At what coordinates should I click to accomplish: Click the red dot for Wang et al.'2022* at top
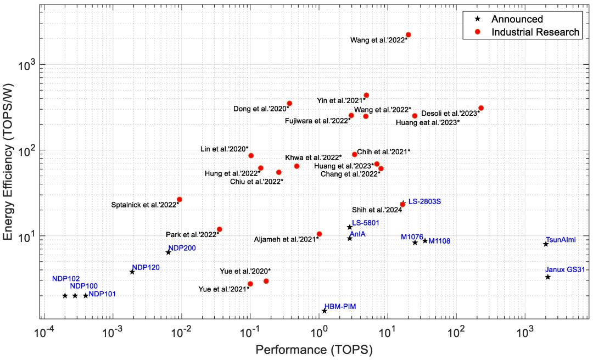pyautogui.click(x=408, y=35)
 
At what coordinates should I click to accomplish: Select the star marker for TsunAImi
pyautogui.click(x=546, y=244)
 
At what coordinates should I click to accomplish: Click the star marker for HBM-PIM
pyautogui.click(x=325, y=311)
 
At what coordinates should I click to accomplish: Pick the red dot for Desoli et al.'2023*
pyautogui.click(x=481, y=108)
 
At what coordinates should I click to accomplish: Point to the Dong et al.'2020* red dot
pyautogui.click(x=289, y=103)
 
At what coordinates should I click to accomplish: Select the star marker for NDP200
pyautogui.click(x=169, y=252)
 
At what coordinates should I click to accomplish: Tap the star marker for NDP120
pyautogui.click(x=132, y=272)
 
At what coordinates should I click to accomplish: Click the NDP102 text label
pyautogui.click(x=66, y=279)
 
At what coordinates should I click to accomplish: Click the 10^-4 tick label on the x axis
pyautogui.click(x=44, y=333)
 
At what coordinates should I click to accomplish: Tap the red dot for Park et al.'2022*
pyautogui.click(x=220, y=229)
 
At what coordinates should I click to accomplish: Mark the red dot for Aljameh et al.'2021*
pyautogui.click(x=320, y=234)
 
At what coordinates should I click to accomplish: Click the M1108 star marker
pyautogui.click(x=425, y=241)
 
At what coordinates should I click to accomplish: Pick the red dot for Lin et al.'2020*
pyautogui.click(x=251, y=156)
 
